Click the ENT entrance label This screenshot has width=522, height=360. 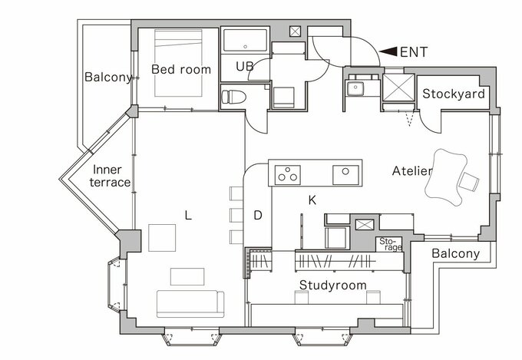(414, 52)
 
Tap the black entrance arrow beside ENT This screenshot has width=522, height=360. (388, 51)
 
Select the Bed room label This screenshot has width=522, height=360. (181, 69)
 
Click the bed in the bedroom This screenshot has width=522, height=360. (178, 63)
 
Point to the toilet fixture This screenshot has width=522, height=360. (233, 97)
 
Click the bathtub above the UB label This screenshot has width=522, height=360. (246, 40)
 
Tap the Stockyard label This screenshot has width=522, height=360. (454, 94)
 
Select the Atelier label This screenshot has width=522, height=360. (412, 171)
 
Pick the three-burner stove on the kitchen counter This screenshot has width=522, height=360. (288, 175)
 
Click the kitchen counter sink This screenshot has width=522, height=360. (345, 175)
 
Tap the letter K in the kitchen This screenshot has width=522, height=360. (312, 200)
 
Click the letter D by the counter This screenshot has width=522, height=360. (258, 215)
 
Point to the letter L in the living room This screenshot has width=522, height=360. (188, 216)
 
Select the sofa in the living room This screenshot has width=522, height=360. (190, 304)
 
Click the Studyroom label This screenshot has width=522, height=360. (333, 286)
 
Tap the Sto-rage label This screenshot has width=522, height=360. (391, 244)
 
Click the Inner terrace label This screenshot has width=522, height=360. (110, 176)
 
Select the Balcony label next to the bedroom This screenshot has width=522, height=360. (108, 78)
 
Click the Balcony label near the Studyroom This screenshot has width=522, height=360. (456, 254)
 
